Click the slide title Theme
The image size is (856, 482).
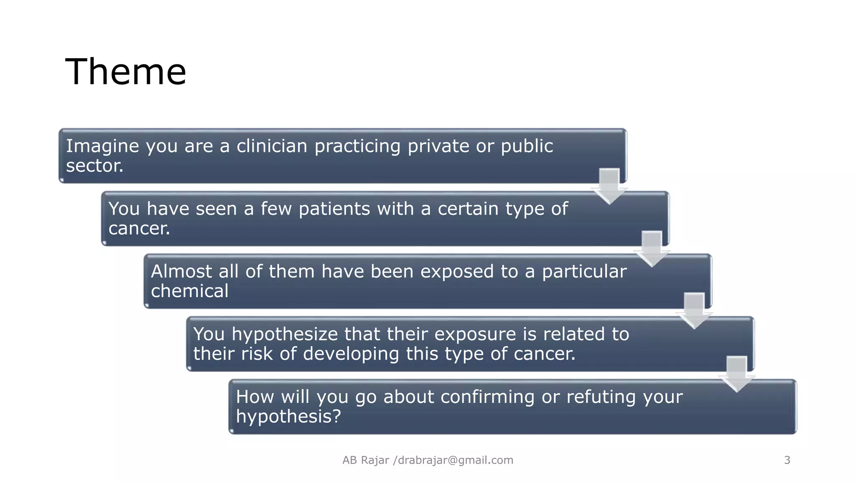(125, 72)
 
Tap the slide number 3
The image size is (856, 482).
(787, 460)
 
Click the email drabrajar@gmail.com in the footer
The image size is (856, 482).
(456, 460)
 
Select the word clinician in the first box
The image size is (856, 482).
(272, 146)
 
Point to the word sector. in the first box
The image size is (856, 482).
(95, 166)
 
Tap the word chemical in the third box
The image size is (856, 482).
(189, 291)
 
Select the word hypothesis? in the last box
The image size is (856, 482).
(288, 417)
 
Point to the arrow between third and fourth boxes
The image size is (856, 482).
(694, 311)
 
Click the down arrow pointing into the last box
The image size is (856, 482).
(737, 374)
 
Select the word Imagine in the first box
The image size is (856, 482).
(102, 146)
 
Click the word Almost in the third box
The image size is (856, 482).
(181, 272)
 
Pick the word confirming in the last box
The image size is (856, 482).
(487, 397)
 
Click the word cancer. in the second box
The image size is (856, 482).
(139, 228)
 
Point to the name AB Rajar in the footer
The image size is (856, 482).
(366, 460)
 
